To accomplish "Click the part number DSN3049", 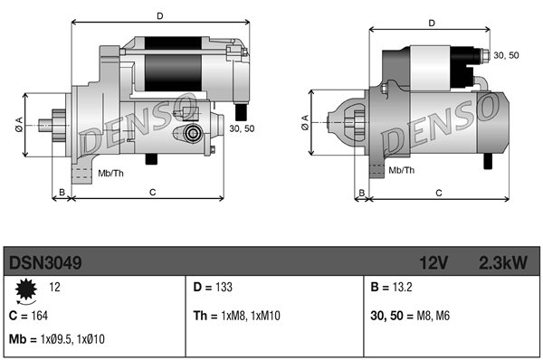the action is (45, 262).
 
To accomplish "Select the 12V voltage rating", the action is (433, 262).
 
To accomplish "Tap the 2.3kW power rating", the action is (503, 262).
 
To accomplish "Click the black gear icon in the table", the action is (26, 289).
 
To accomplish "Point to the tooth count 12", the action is (54, 287).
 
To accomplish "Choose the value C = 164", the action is (28, 316).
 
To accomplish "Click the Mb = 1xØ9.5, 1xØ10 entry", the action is (57, 339).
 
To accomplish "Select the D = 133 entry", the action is (213, 287).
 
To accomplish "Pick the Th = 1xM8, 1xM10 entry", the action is (237, 316).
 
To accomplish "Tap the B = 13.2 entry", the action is (391, 287).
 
